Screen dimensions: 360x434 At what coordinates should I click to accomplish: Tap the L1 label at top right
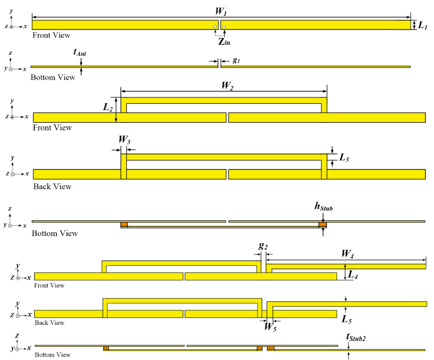point(423,25)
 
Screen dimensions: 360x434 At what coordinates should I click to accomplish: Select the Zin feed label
point(224,42)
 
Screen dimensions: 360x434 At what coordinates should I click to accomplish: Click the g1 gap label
point(236,60)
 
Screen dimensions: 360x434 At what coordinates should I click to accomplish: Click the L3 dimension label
point(345,157)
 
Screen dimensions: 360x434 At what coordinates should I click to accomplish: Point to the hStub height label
point(323,208)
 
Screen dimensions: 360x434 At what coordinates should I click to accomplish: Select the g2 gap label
point(263,245)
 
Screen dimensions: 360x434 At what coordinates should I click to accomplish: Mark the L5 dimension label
point(346,319)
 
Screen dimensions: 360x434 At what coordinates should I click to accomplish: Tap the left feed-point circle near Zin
point(215,27)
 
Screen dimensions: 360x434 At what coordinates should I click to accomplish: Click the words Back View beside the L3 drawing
point(52,187)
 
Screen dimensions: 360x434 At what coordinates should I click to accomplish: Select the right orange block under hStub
point(323,225)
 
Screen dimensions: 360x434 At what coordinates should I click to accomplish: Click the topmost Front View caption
point(51,35)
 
